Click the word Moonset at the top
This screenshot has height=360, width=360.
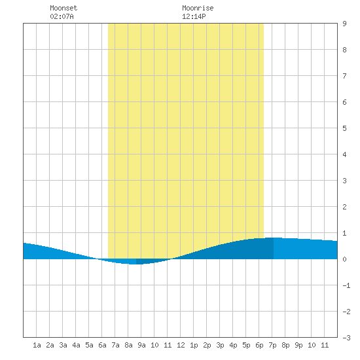click(x=63, y=8)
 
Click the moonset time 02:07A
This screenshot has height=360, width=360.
click(x=62, y=16)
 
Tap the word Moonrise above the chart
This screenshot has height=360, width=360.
click(x=198, y=8)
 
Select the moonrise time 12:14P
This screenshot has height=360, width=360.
click(x=194, y=16)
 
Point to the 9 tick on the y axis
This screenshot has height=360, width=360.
click(x=344, y=24)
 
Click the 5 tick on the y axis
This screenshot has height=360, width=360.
click(x=344, y=128)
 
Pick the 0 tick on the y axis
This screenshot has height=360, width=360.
click(x=344, y=259)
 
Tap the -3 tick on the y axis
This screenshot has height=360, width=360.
click(x=346, y=338)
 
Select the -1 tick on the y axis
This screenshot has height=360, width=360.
click(x=346, y=285)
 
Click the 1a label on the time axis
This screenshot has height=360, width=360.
click(x=37, y=345)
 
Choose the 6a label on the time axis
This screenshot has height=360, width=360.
click(x=102, y=345)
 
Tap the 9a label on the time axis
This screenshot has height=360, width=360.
click(x=141, y=345)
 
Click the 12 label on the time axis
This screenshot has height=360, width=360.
click(x=181, y=345)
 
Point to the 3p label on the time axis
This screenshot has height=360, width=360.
click(x=220, y=345)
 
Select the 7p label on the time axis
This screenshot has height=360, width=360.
click(x=272, y=345)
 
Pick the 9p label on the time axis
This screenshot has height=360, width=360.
click(x=298, y=345)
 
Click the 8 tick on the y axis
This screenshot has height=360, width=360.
click(x=344, y=50)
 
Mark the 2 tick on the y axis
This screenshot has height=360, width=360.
click(x=344, y=207)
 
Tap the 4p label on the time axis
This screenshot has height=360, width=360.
click(x=233, y=345)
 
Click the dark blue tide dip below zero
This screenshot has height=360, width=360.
click(x=149, y=261)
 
